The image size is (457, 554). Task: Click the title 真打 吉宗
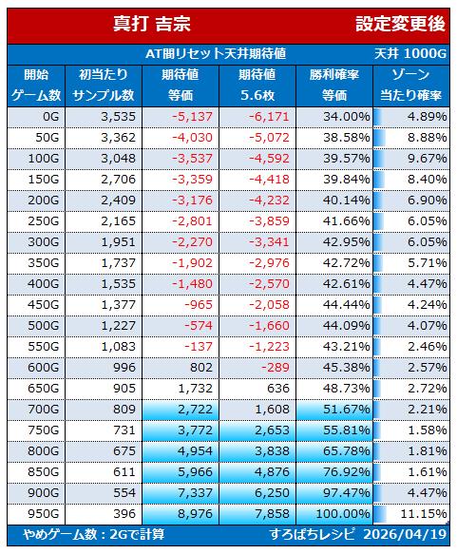click(152, 24)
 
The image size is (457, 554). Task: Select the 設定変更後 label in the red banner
click(400, 24)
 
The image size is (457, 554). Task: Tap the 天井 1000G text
click(410, 54)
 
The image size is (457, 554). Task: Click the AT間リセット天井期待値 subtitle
click(216, 54)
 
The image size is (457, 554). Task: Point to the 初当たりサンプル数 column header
click(104, 86)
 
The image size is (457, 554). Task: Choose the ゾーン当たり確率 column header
click(410, 86)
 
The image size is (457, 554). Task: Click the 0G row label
click(51, 117)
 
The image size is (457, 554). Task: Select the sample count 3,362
click(119, 138)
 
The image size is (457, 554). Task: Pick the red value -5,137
click(192, 117)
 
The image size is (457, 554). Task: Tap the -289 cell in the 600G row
click(276, 368)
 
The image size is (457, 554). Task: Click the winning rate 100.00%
click(343, 514)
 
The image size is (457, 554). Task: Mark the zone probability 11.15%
click(424, 514)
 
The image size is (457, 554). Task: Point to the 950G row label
click(44, 514)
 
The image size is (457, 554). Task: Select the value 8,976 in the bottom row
click(196, 514)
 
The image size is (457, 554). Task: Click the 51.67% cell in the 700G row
click(347, 410)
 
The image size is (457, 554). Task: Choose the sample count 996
click(124, 368)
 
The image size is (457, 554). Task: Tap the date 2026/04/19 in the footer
click(405, 534)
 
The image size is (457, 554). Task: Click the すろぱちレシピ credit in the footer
click(312, 534)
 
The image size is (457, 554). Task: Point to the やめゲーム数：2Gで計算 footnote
click(94, 534)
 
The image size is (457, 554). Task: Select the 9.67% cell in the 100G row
click(428, 159)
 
